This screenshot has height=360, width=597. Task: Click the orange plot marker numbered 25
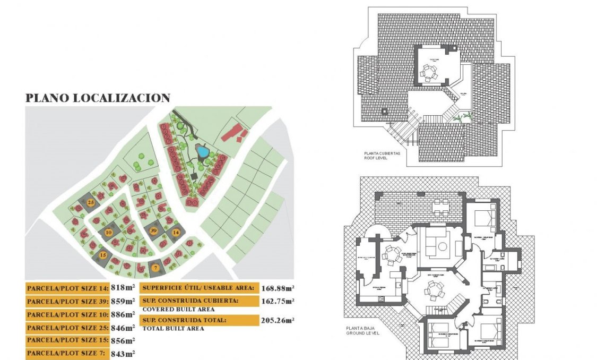click(91, 203)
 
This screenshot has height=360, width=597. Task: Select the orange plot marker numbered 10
click(109, 232)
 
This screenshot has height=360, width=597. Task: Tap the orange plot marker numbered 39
click(154, 230)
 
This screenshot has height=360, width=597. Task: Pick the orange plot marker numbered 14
click(176, 232)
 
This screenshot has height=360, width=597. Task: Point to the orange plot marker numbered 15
click(103, 255)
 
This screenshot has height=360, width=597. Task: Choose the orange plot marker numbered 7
click(155, 268)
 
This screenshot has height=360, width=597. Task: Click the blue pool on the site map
click(202, 151)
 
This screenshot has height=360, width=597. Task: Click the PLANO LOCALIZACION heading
click(98, 98)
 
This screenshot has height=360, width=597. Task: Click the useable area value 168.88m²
click(278, 288)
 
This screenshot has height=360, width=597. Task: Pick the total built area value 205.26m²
click(278, 320)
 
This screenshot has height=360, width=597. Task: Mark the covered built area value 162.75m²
click(278, 301)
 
